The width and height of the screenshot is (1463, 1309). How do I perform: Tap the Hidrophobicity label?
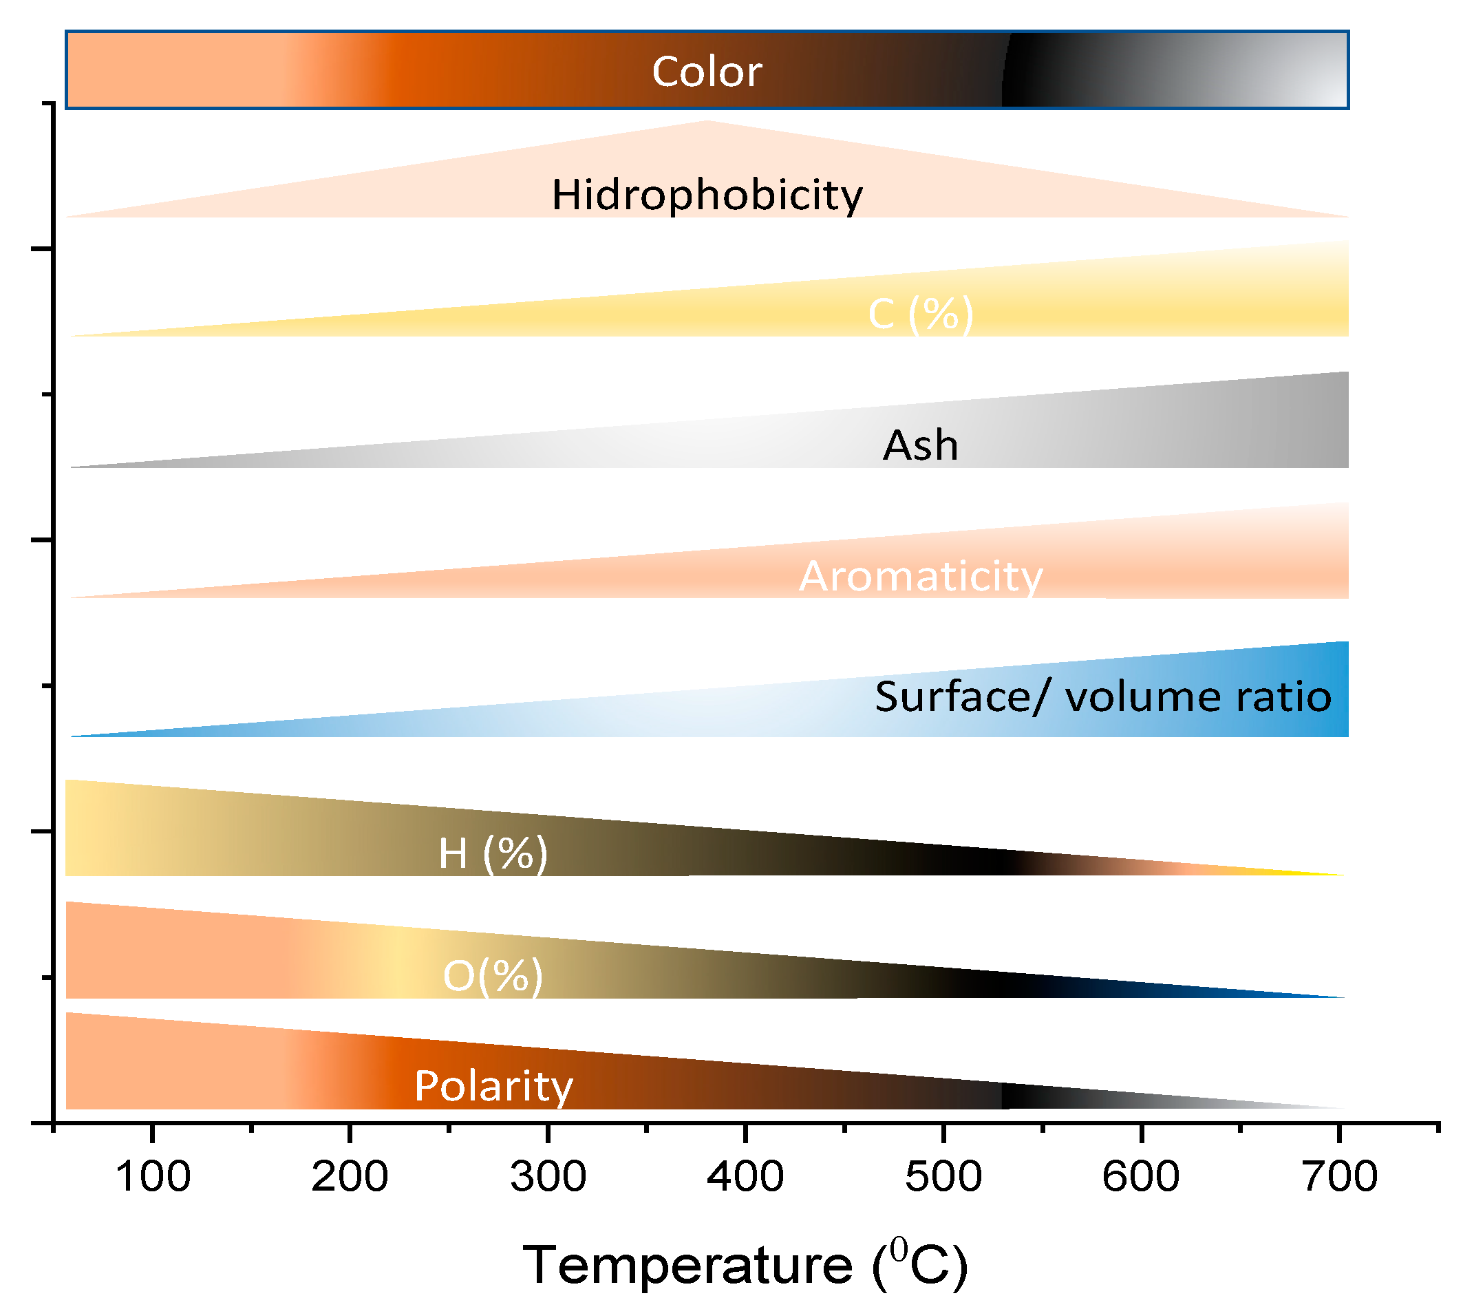point(706,195)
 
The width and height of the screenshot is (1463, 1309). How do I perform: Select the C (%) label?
point(920,314)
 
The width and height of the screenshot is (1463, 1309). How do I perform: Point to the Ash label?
point(920,445)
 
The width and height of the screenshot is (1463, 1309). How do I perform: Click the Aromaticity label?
point(920,576)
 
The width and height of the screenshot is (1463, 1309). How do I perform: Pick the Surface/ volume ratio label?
point(1102,697)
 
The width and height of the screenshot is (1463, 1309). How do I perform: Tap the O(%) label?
point(493,976)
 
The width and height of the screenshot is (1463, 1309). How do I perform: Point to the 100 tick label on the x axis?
point(153,1177)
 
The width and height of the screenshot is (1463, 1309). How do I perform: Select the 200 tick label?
point(350,1177)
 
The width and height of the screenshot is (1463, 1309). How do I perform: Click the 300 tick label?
point(548,1177)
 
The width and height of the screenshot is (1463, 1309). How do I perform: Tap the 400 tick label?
point(745,1177)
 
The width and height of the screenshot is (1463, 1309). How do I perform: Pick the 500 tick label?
point(943,1177)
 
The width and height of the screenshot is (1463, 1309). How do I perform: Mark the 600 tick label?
point(1141,1177)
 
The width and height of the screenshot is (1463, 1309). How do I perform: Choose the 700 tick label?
point(1339,1177)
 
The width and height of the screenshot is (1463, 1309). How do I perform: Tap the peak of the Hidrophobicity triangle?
point(706,123)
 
